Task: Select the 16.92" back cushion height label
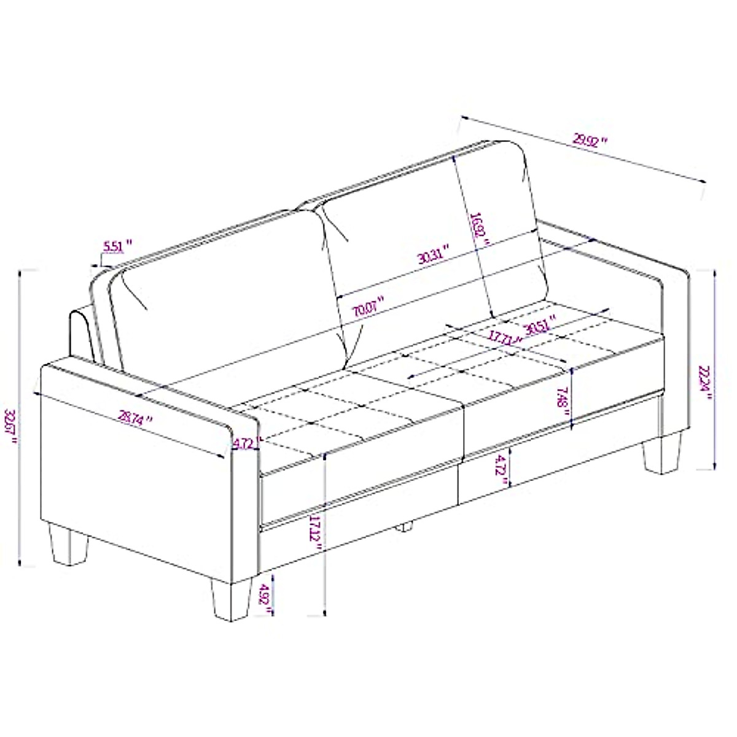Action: (478, 230)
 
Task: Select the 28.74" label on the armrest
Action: (135, 418)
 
